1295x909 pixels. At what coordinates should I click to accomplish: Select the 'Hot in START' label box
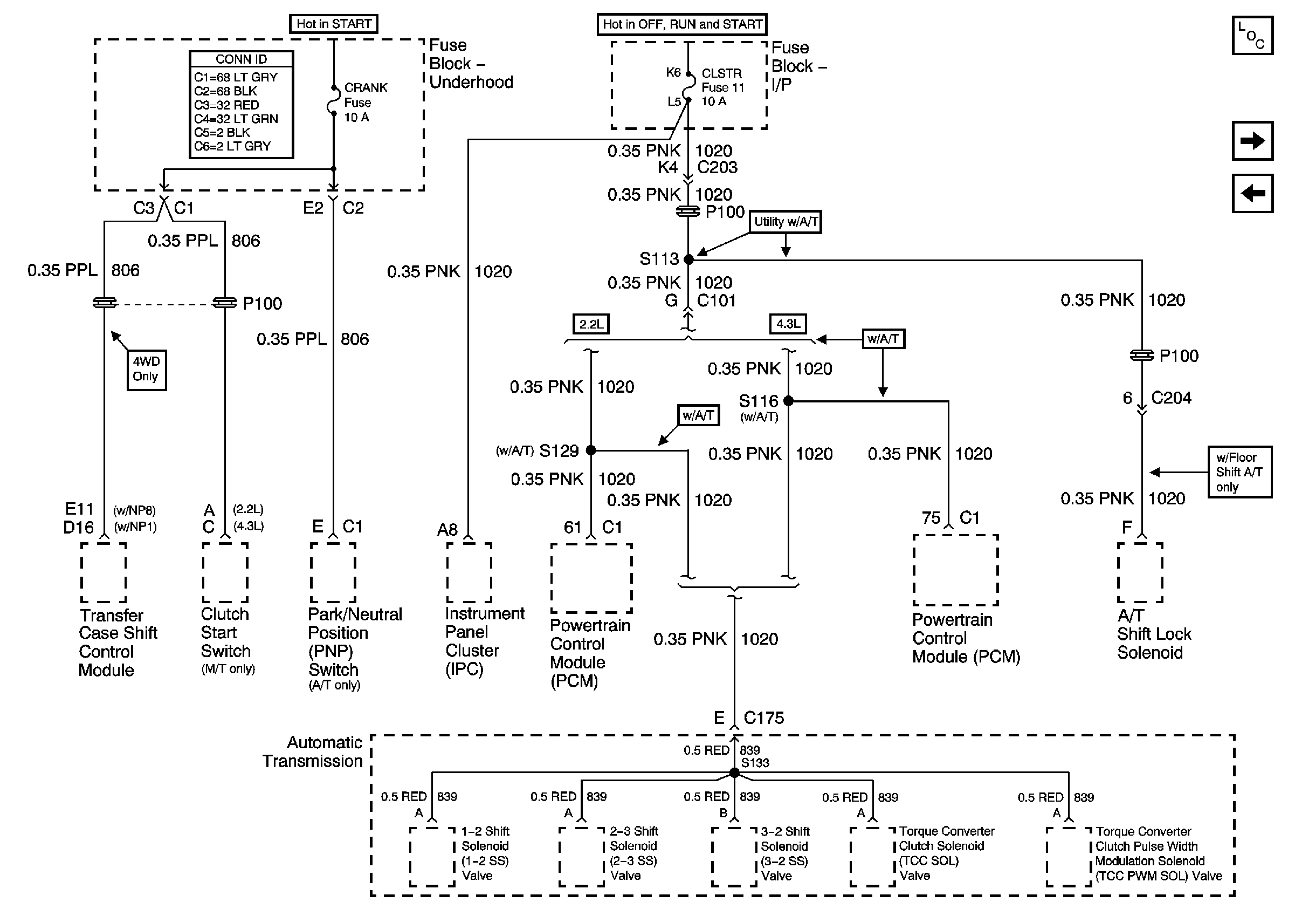click(x=334, y=24)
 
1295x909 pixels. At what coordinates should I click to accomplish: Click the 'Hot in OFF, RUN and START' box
click(x=682, y=24)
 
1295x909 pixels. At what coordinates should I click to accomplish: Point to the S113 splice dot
click(x=688, y=259)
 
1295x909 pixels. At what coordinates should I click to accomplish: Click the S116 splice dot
click(x=789, y=401)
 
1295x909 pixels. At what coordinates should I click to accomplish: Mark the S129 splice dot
click(x=591, y=450)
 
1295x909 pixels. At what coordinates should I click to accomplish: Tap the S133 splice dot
click(x=734, y=773)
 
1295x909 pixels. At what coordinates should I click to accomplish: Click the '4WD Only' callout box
click(x=147, y=370)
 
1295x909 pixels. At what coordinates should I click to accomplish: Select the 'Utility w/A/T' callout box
click(x=786, y=222)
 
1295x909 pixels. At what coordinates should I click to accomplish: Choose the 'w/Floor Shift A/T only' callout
click(x=1239, y=472)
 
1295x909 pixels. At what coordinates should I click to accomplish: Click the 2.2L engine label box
click(x=591, y=324)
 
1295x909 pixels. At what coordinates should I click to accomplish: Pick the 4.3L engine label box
click(x=788, y=324)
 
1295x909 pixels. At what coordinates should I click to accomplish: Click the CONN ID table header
click(x=242, y=59)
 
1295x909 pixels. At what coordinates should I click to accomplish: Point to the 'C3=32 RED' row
click(x=227, y=105)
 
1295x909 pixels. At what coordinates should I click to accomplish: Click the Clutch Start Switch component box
click(x=225, y=573)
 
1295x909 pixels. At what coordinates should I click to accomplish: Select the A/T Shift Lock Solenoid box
click(x=1140, y=573)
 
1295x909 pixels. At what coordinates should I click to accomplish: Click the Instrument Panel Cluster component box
click(x=469, y=573)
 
